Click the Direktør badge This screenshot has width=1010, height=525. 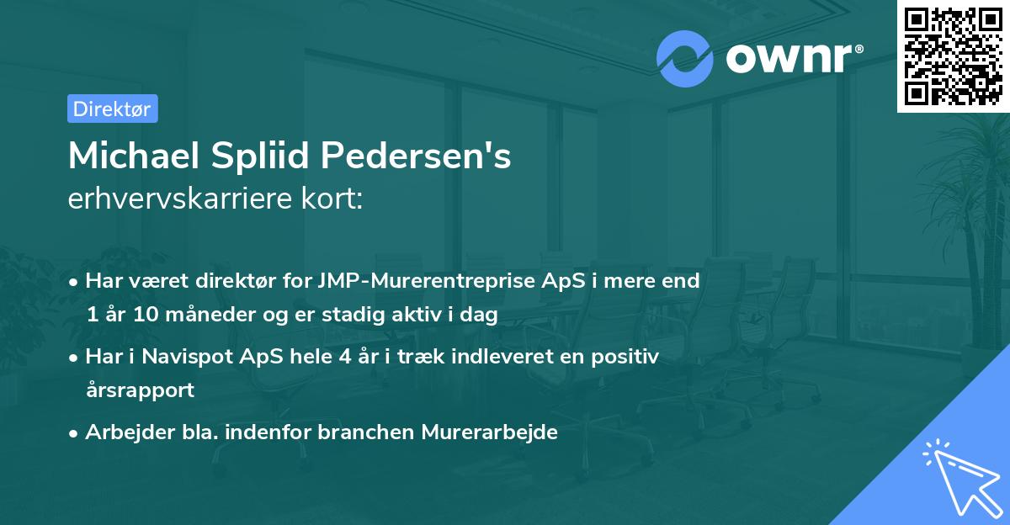[112, 109]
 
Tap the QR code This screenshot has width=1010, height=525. [953, 56]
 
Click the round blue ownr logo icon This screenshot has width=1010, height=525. [685, 58]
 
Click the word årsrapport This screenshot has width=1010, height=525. [140, 390]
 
